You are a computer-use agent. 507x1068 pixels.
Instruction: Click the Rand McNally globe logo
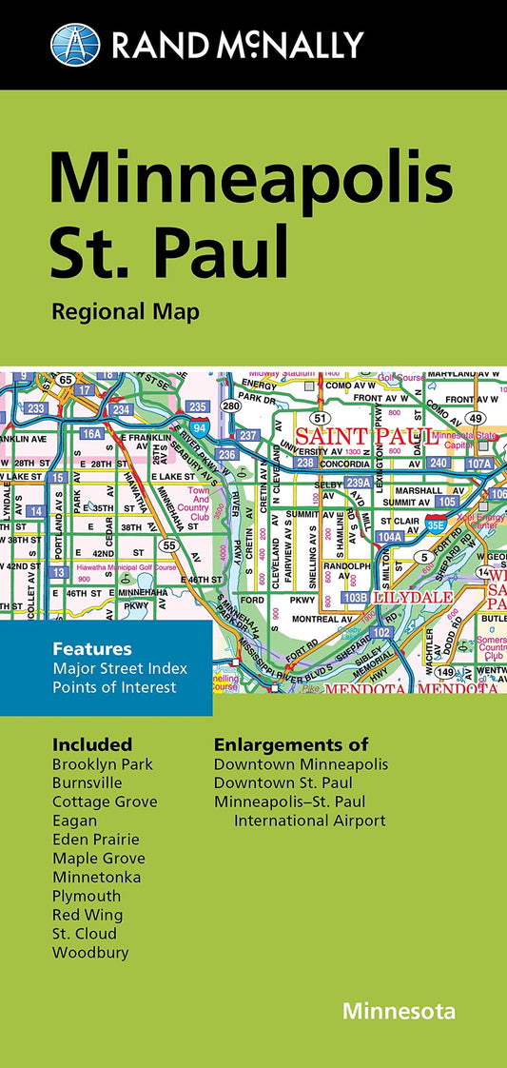coord(75,45)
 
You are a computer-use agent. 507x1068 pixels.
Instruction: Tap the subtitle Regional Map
coord(126,312)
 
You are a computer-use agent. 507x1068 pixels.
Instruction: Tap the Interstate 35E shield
coord(436,523)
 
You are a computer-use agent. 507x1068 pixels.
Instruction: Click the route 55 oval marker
coord(168,545)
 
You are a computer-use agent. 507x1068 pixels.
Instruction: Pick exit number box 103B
coord(355,597)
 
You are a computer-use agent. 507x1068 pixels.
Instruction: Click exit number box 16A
coord(90,433)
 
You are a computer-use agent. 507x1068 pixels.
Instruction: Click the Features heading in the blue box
coord(91,649)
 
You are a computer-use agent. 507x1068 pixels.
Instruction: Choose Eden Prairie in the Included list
coord(95,839)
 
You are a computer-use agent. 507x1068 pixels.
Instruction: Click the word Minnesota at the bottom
coord(400,1010)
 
